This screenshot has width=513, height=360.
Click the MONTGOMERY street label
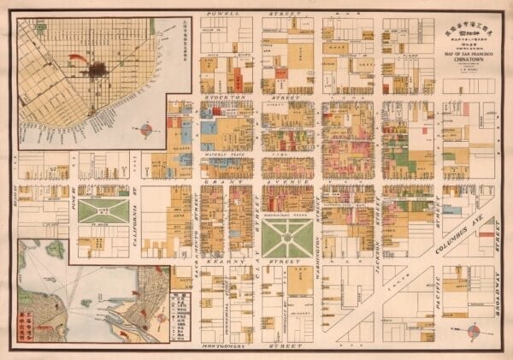224,347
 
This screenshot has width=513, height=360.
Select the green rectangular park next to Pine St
103,211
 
